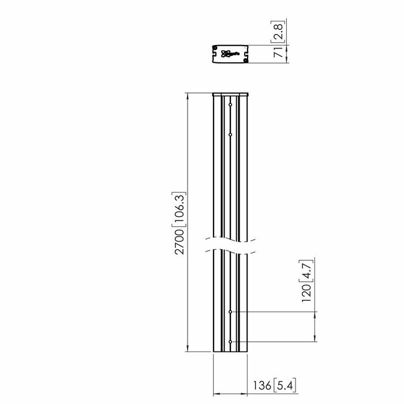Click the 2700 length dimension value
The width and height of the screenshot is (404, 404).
tap(179, 243)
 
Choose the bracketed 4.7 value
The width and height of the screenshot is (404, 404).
tap(307, 270)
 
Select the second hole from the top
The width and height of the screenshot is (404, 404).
tap(230, 133)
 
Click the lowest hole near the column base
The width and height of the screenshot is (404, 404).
tap(230, 342)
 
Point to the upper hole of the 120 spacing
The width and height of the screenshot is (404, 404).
tap(230, 312)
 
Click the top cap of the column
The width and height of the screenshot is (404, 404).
tap(230, 94)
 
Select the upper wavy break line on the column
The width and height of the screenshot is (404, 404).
tap(230, 238)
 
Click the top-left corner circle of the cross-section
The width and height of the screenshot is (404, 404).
tap(216, 48)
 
